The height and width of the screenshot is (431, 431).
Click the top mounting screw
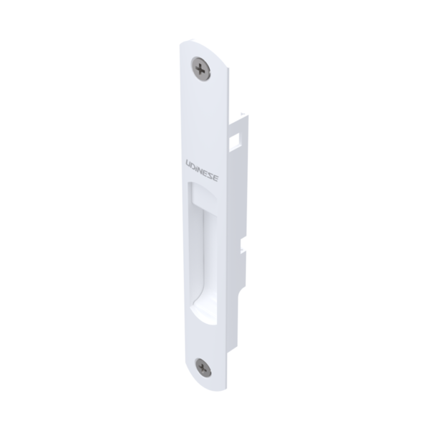tap(201, 69)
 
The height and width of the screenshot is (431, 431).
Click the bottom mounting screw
tap(203, 368)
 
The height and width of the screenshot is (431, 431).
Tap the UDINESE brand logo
tap(203, 170)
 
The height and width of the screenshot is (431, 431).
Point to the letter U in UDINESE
tap(188, 163)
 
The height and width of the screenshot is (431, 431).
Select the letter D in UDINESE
tap(193, 165)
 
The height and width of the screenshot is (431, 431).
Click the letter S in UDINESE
tap(211, 176)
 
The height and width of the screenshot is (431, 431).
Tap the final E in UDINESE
tap(216, 178)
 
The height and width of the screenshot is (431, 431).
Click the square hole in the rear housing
tap(234, 140)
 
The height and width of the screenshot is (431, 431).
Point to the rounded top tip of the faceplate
tap(193, 40)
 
